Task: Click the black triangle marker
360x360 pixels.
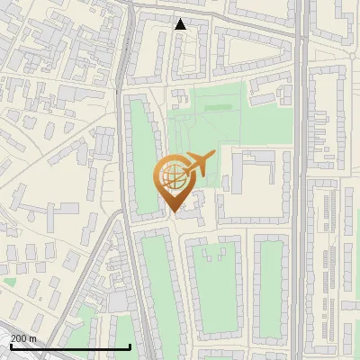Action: click(x=181, y=23)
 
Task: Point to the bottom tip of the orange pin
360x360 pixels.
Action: click(x=172, y=212)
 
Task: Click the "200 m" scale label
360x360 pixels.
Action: click(x=23, y=337)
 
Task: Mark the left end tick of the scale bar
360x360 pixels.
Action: click(x=10, y=346)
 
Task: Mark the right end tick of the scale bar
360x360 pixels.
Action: click(x=130, y=346)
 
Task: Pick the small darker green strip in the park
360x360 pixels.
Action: click(x=217, y=108)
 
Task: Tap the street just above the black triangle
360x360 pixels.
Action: click(x=180, y=11)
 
